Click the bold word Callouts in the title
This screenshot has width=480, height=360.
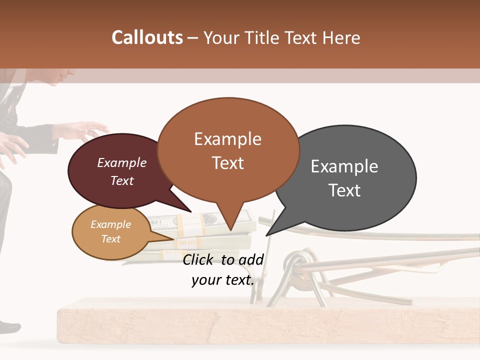(x=147, y=37)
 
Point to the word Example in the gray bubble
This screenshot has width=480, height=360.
(x=344, y=166)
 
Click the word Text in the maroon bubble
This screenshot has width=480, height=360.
(x=122, y=180)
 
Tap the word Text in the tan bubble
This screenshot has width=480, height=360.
(x=111, y=239)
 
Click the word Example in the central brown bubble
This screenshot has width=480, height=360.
(x=227, y=139)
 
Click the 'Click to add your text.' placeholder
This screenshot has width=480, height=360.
(x=223, y=269)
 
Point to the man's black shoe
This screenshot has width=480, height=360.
(x=9, y=327)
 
